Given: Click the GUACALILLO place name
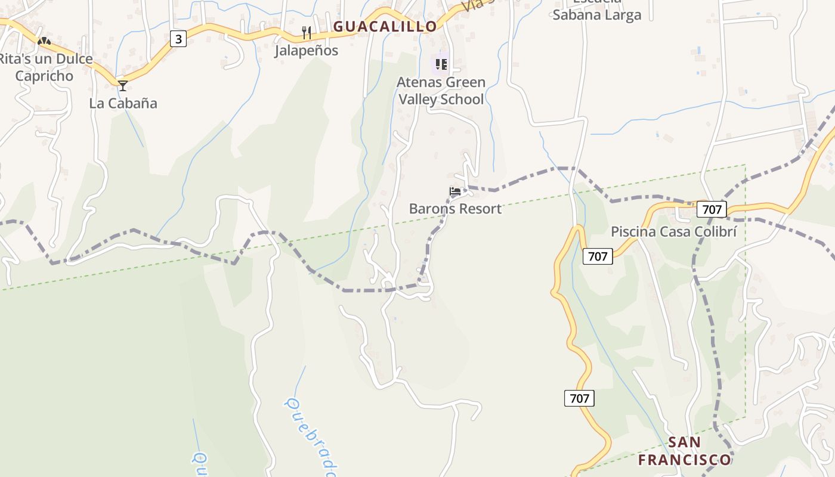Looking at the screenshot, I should pos(385,26).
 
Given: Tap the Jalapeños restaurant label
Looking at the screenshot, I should pos(306,51).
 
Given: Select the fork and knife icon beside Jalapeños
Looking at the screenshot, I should pos(307,32).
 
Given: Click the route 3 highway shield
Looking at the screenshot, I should pos(178,39).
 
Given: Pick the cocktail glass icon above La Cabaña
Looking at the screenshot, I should pos(123,85).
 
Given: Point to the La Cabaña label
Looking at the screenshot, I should pos(123,103).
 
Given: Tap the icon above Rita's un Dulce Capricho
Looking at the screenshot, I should pos(44,41).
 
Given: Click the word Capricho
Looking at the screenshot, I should pos(44,76).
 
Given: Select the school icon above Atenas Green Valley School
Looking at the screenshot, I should pos(441,64).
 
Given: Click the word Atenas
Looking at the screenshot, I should pos(420,82).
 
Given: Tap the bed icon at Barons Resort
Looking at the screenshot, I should pos(455,191).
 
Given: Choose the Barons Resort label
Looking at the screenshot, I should pos(455,209).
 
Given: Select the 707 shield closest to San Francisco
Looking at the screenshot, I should pos(579,398).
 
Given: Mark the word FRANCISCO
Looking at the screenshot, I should pos(684,460).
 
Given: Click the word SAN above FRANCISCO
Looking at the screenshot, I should pos(684,442).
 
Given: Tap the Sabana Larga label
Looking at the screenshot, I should pos(596,15).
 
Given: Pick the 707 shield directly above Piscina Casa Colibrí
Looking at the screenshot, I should pos(712,209).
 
